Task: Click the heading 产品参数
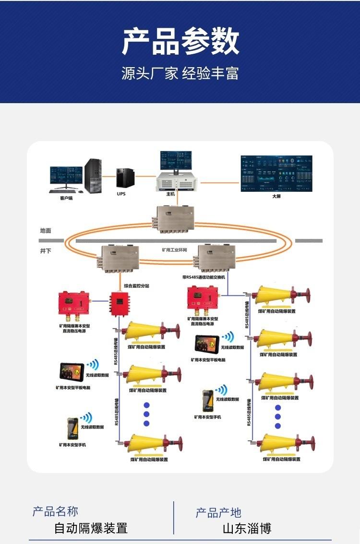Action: [180, 41]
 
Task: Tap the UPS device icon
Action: [126, 178]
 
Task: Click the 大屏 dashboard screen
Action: [276, 173]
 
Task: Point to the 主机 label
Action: [170, 194]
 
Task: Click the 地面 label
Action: [46, 230]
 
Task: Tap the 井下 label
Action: [46, 251]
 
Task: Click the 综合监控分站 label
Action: [137, 286]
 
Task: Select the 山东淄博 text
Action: [247, 529]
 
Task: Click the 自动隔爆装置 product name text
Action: [91, 529]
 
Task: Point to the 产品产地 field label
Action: [218, 513]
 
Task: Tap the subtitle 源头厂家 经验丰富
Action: [180, 73]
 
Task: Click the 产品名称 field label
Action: [55, 511]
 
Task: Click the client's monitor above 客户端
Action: [66, 177]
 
